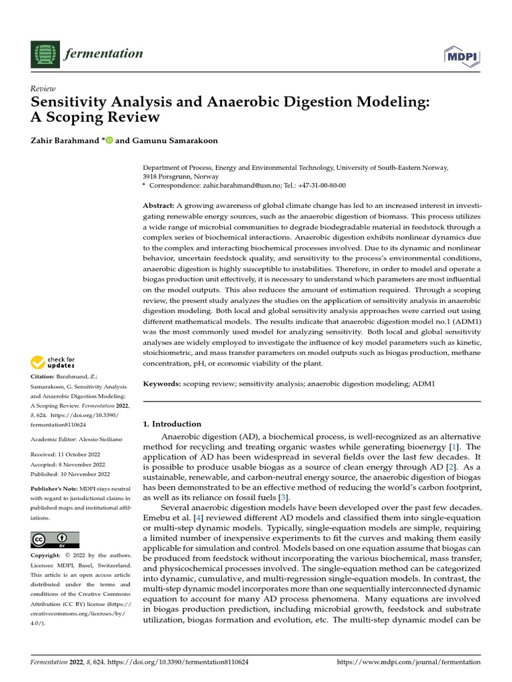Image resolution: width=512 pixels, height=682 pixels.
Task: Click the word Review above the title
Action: click(43, 89)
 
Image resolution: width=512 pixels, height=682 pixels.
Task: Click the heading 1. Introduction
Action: click(173, 424)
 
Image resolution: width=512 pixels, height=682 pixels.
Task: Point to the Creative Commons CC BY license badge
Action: click(55, 539)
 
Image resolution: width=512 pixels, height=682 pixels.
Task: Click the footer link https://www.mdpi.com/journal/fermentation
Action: click(409, 662)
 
